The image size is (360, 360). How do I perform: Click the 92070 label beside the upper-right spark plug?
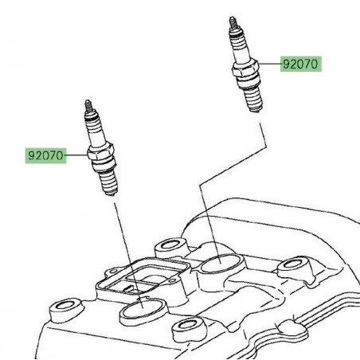[x=301, y=64]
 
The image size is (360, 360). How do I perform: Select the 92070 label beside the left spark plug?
[x=45, y=155]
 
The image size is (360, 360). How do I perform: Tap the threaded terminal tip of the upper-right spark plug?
[x=233, y=22]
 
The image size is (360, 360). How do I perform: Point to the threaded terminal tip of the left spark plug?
[x=88, y=106]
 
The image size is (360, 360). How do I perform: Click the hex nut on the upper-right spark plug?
[x=245, y=69]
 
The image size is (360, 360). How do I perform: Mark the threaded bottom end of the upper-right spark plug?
[x=253, y=100]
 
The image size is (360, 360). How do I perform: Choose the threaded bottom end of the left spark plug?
[x=109, y=182]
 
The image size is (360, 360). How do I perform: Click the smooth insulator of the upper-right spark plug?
[x=239, y=48]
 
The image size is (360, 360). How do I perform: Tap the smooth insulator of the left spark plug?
[x=95, y=131]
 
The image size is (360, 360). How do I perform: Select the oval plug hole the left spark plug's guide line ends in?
[x=143, y=310]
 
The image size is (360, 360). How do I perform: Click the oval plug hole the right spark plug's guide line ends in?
[x=221, y=264]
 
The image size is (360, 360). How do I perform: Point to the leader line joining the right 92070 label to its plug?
[x=270, y=64]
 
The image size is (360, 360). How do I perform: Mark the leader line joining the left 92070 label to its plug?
[x=76, y=155]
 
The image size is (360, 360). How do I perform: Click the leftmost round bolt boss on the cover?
[x=65, y=309]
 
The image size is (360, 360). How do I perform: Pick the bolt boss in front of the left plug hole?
[x=189, y=330]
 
